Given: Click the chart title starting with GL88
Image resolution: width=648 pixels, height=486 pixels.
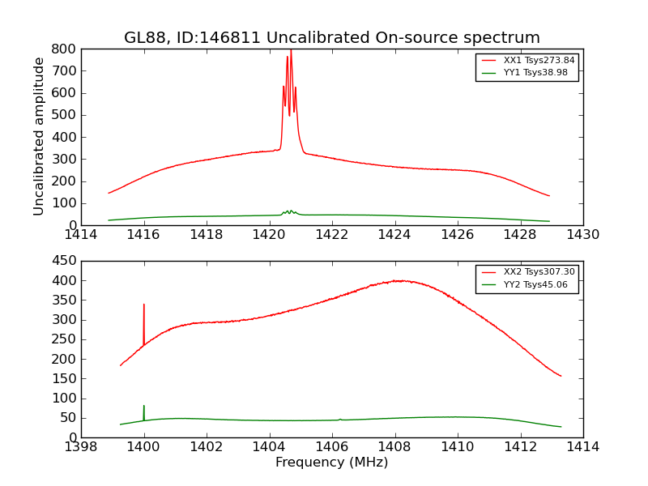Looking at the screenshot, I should [x=331, y=38].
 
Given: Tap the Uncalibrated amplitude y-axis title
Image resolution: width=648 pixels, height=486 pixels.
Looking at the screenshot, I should [x=39, y=136].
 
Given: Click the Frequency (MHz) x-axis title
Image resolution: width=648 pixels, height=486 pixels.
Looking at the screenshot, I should [x=331, y=463].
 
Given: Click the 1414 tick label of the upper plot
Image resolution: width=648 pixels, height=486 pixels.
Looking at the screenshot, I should [x=81, y=235].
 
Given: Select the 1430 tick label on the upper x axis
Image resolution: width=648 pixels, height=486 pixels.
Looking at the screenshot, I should [x=582, y=235].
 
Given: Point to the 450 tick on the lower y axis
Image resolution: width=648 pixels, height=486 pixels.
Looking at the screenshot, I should [x=65, y=261].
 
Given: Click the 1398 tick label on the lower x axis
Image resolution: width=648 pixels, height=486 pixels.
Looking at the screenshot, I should [x=81, y=447].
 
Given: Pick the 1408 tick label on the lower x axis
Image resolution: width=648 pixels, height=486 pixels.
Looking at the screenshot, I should [x=394, y=447].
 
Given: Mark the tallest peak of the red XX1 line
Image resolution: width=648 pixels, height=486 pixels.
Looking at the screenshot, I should [x=291, y=50].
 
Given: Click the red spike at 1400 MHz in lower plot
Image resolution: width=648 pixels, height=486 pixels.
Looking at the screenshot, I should [x=144, y=305].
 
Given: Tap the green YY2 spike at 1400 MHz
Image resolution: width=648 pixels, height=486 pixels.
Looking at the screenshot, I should [x=144, y=406].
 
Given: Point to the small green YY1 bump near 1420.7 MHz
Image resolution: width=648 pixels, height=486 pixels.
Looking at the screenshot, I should [x=290, y=211].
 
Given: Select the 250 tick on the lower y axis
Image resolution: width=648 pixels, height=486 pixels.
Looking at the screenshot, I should [x=65, y=339].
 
